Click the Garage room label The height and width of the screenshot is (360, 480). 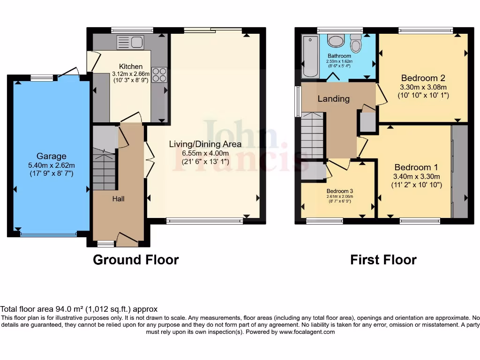coord(52,156)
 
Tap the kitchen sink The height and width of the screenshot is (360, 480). coord(131,42)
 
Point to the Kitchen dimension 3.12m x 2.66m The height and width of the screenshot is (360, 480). coord(131,74)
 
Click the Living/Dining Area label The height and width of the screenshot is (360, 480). coord(205,144)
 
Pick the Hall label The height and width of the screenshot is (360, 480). coord(118,199)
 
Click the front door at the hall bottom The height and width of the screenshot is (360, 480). coord(127,240)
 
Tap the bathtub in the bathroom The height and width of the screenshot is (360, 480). coord(310,56)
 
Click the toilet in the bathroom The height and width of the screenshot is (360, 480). coord(356,44)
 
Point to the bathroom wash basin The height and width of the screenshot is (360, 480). coord(336,41)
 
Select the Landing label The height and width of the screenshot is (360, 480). coord(333,99)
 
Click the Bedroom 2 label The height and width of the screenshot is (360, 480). coord(423,78)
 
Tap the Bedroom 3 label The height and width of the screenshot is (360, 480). coord(339,191)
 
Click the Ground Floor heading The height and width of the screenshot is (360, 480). coord(136,260)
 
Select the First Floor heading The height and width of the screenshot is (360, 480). coord(383,260)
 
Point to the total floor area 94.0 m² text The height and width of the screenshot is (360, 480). coord(79,309)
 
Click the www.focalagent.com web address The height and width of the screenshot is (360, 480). coord(307,332)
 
